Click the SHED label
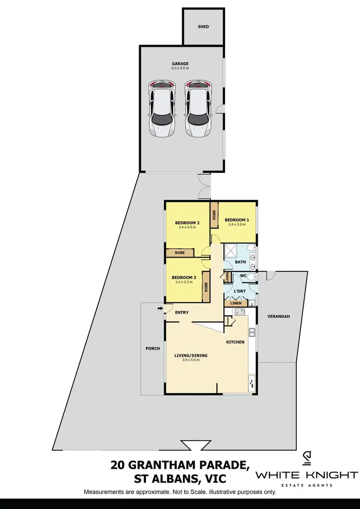(204, 27)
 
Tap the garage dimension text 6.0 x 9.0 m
(180, 69)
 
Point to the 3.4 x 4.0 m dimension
(187, 227)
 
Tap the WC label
(243, 275)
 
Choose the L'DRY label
(240, 291)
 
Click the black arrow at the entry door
(160, 308)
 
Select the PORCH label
(153, 349)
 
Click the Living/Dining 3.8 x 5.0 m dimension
(191, 360)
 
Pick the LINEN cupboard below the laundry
(236, 303)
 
